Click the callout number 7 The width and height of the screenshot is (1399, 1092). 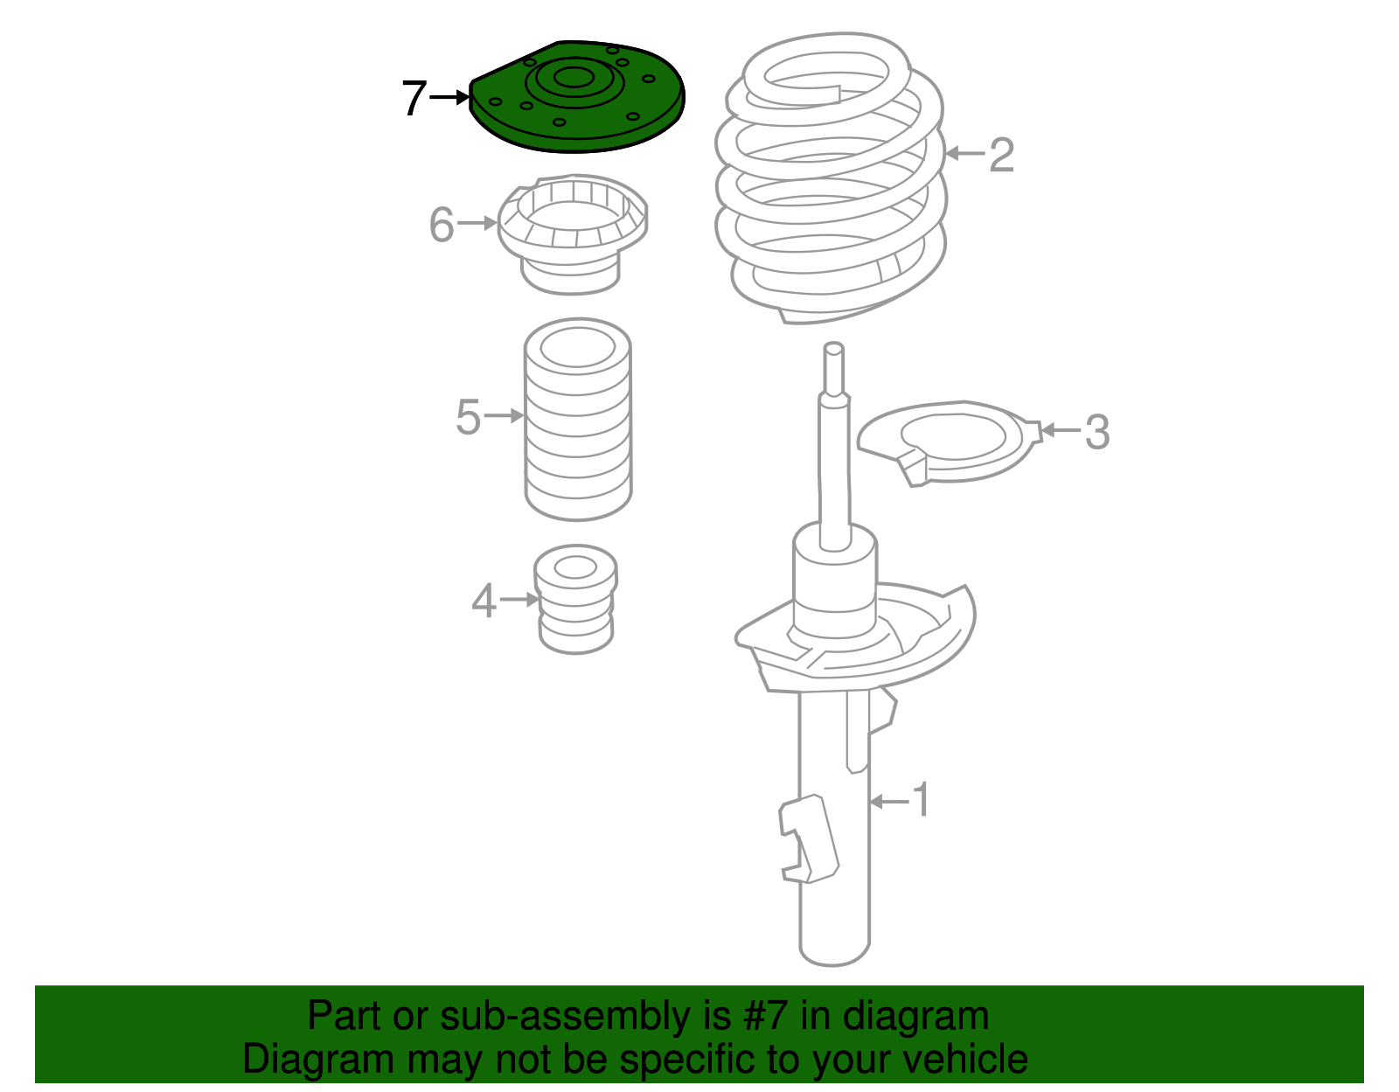click(414, 98)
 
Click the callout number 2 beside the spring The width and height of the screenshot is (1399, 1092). click(1001, 156)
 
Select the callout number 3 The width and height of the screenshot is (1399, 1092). click(1096, 432)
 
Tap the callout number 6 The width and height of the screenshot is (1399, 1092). click(442, 225)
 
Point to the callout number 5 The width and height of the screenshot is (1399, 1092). click(469, 417)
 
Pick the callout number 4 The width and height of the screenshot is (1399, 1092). click(484, 602)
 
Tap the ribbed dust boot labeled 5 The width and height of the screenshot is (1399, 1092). click(577, 428)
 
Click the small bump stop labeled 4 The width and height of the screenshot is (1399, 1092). click(575, 603)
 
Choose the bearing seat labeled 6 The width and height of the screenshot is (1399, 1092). click(573, 236)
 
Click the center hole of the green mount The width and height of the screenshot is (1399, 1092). click(573, 77)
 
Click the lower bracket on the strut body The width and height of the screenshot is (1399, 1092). click(809, 839)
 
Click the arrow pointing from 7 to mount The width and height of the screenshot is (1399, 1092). click(450, 98)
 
